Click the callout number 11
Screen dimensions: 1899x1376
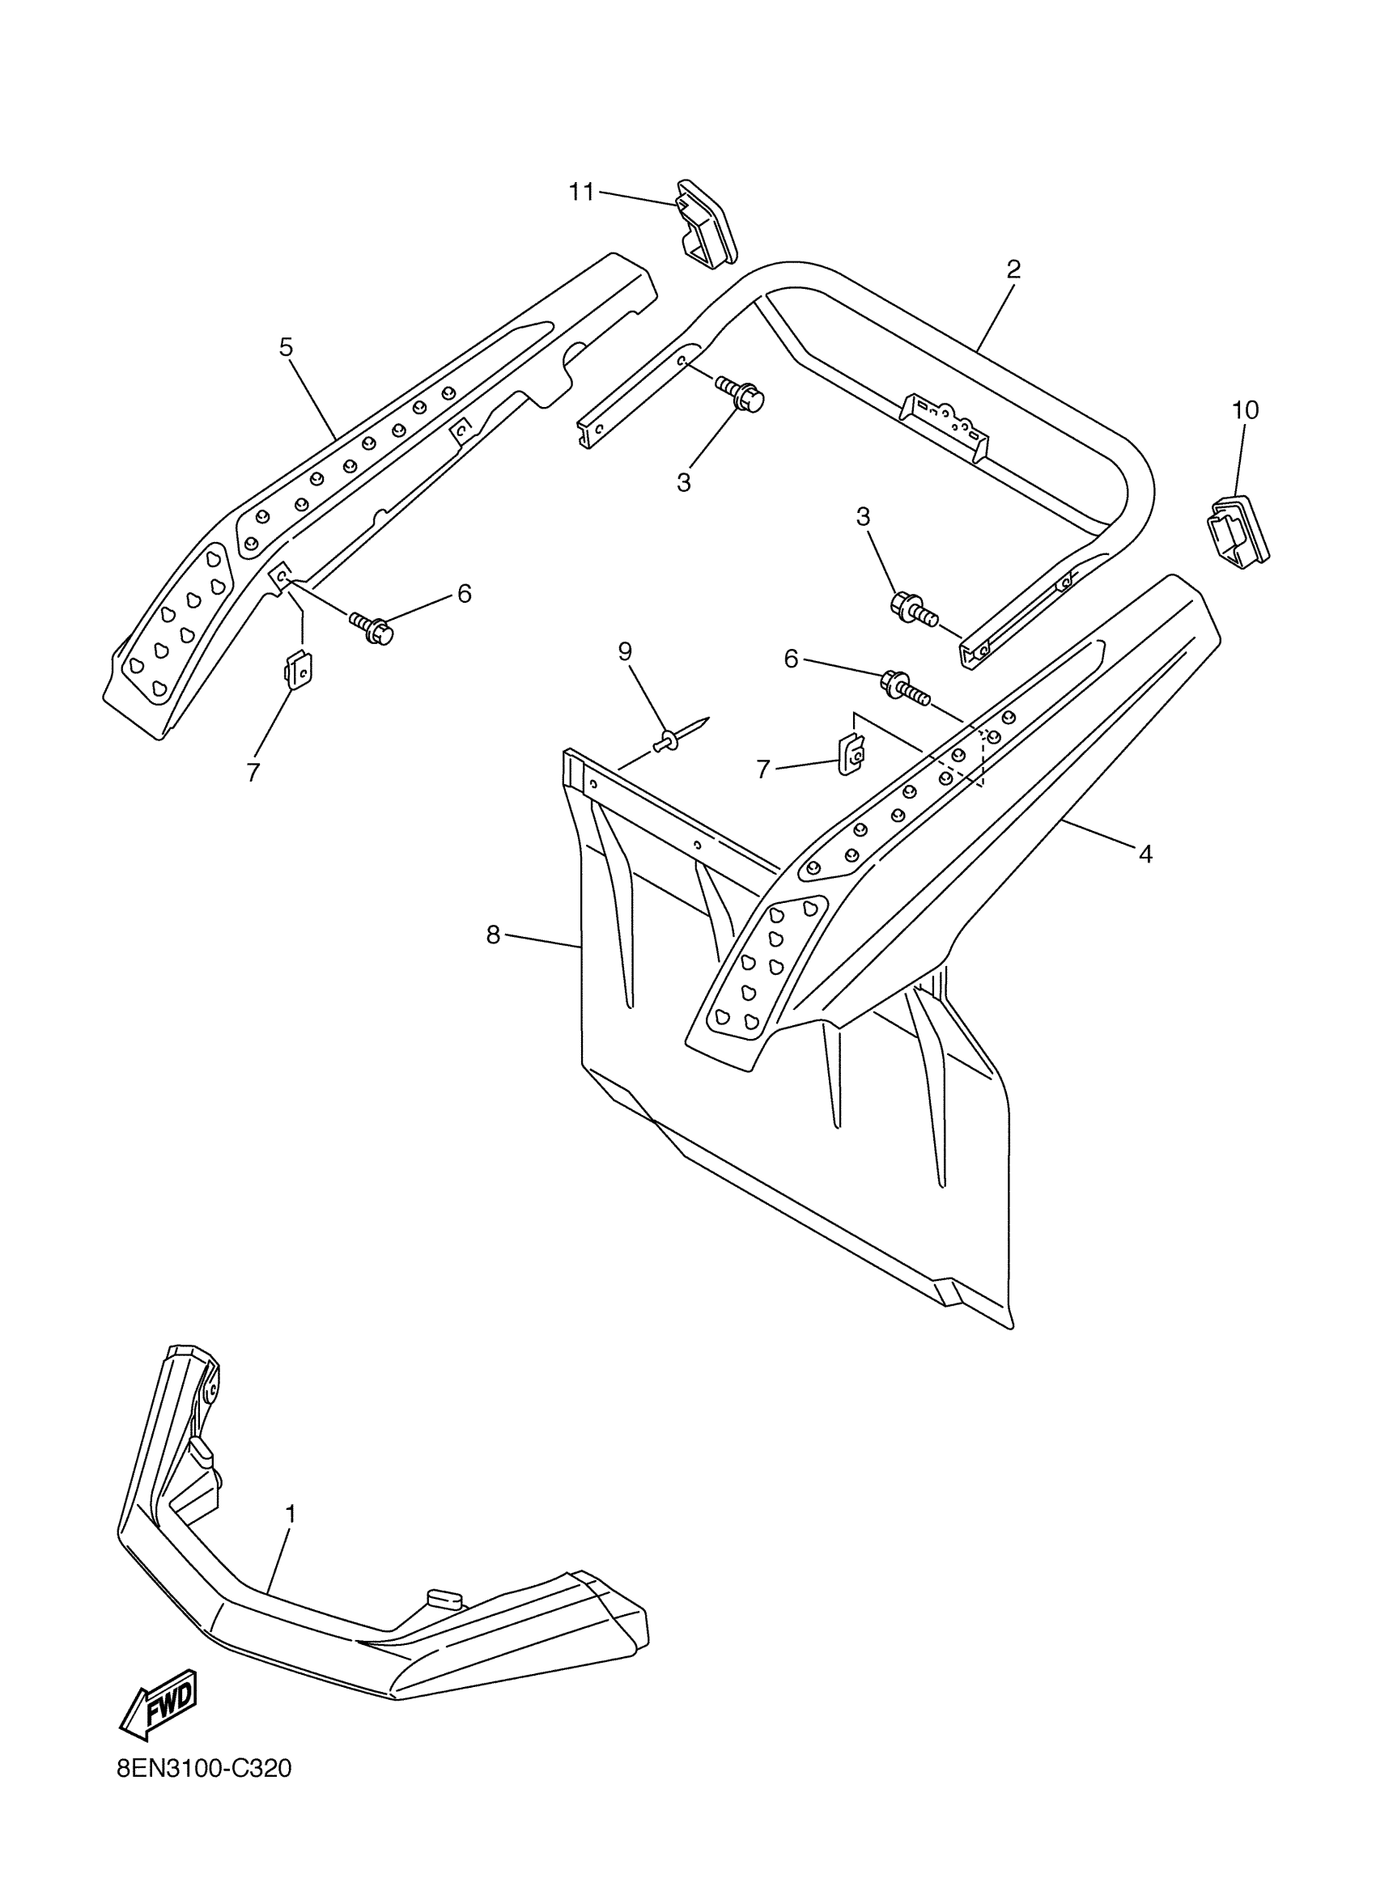(x=581, y=192)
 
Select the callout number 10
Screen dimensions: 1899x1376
(x=1245, y=410)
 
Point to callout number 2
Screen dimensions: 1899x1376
(x=1013, y=269)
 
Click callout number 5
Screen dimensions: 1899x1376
(x=287, y=346)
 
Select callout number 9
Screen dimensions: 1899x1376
(x=626, y=651)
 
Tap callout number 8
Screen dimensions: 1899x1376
(x=493, y=935)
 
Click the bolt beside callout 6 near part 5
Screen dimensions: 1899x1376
(x=372, y=627)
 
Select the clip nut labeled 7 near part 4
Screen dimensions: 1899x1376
(x=852, y=752)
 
